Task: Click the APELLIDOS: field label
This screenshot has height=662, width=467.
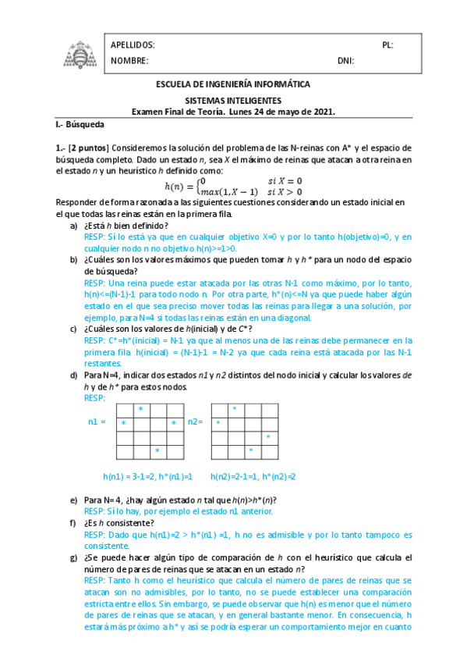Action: point(133,45)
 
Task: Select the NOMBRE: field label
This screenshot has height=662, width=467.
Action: point(129,61)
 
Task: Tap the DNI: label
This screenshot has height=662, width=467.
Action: point(345,61)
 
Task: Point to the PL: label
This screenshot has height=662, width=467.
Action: point(387,45)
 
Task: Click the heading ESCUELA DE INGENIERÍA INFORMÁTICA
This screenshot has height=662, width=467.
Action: point(233,84)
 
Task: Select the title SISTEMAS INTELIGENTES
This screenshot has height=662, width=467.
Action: point(233,101)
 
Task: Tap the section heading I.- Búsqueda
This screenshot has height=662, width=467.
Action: point(80,124)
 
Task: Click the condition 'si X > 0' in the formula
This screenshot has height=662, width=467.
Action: point(285,192)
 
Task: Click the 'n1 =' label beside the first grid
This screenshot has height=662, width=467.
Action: point(97,422)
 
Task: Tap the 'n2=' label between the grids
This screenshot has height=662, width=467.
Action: point(196,422)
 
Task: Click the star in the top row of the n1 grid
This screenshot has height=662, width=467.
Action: point(140,409)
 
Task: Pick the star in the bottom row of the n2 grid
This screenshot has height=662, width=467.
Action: point(250,451)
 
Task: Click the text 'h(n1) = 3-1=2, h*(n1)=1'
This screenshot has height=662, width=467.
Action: point(148,476)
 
